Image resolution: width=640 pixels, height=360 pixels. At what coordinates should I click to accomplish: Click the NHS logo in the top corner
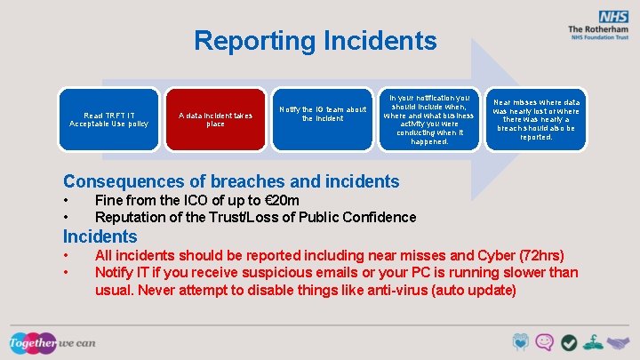pyautogui.click(x=612, y=17)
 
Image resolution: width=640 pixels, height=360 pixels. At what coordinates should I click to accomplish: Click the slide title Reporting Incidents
pyautogui.click(x=315, y=41)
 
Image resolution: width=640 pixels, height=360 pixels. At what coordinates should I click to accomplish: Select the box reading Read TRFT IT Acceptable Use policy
pyautogui.click(x=109, y=119)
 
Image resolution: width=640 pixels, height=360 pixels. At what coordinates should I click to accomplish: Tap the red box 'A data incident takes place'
pyautogui.click(x=215, y=119)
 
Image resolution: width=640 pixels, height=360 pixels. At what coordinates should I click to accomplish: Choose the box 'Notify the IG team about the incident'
pyautogui.click(x=322, y=114)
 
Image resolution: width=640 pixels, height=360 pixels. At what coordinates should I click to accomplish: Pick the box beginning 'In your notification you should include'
pyautogui.click(x=428, y=118)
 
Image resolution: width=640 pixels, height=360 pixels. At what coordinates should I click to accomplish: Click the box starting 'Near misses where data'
pyautogui.click(x=535, y=119)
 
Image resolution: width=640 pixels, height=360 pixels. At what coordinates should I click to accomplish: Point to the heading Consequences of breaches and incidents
pyautogui.click(x=231, y=181)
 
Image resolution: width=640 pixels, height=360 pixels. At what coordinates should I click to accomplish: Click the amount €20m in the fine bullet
pyautogui.click(x=276, y=201)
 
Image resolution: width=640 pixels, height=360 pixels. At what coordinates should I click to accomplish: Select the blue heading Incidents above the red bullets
pyautogui.click(x=100, y=236)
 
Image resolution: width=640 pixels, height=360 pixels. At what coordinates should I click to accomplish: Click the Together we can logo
pyautogui.click(x=52, y=342)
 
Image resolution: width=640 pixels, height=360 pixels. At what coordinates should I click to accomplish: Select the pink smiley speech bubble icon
pyautogui.click(x=545, y=342)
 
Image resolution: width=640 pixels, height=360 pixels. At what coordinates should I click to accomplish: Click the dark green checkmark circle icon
pyautogui.click(x=569, y=342)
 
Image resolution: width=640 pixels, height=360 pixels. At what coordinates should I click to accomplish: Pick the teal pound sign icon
pyautogui.click(x=593, y=342)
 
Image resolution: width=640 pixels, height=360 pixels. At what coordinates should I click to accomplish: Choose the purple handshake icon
pyautogui.click(x=617, y=342)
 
